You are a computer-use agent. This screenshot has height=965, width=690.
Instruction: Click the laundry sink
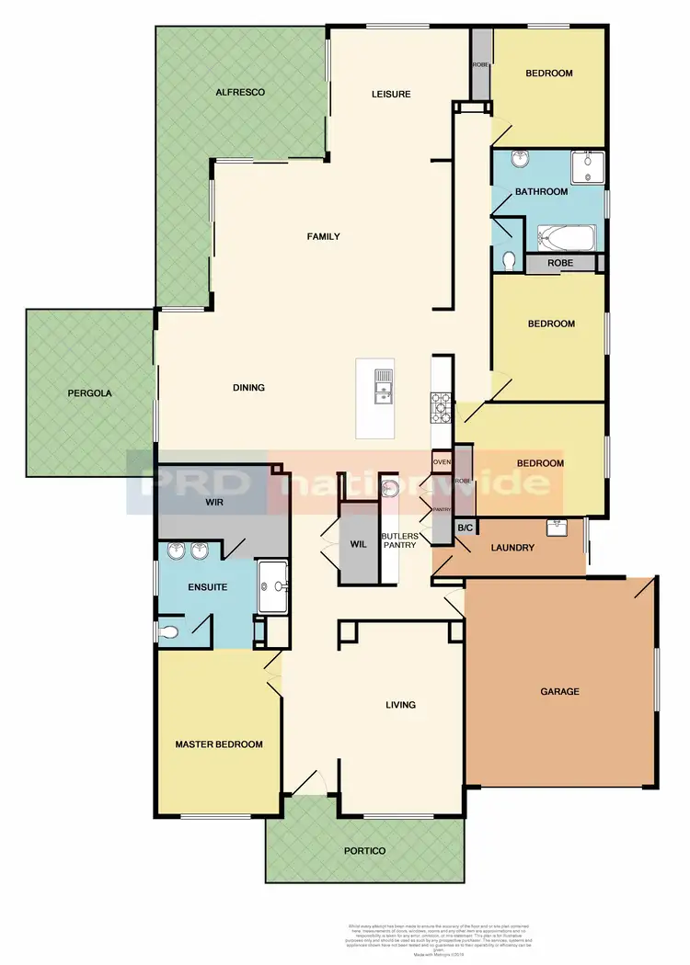pyautogui.click(x=556, y=528)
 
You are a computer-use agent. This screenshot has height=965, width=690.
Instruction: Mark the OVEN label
pyautogui.click(x=442, y=461)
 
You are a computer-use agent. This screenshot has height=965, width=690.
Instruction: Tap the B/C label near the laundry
pyautogui.click(x=465, y=528)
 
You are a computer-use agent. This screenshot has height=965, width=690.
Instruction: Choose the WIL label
pyautogui.click(x=359, y=543)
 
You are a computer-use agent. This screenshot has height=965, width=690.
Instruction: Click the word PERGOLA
pyautogui.click(x=89, y=393)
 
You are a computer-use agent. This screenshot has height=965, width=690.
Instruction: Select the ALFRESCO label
pyautogui.click(x=240, y=93)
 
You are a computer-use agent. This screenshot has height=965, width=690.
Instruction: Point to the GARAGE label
pyautogui.click(x=559, y=691)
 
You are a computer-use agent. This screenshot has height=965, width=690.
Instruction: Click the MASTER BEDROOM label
pyautogui.click(x=219, y=744)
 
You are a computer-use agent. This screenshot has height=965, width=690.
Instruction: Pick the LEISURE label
pyautogui.click(x=391, y=94)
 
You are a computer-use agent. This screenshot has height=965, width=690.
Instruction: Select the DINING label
pyautogui.click(x=248, y=388)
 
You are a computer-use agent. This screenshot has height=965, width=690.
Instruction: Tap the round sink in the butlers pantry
pyautogui.click(x=390, y=487)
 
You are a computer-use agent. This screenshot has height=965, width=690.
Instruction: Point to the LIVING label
pyautogui.click(x=400, y=705)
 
